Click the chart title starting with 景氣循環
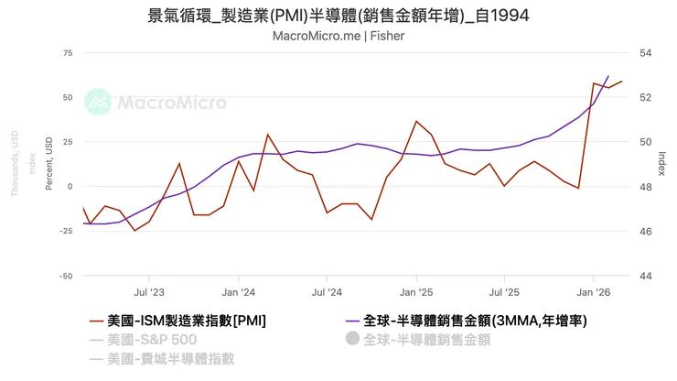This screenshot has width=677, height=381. tap(338, 16)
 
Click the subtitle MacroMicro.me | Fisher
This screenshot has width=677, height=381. tap(338, 36)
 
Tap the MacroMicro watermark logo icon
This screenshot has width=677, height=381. tap(98, 103)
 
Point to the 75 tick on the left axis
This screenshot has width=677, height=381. tap(67, 53)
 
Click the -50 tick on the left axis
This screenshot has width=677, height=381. tap(65, 276)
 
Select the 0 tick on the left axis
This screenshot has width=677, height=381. tap(70, 187)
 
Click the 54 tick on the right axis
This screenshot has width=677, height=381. tap(645, 53)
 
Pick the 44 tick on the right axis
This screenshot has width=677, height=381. tap(645, 276)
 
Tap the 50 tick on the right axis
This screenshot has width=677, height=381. tap(645, 142)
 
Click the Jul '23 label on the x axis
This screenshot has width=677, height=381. tap(149, 292)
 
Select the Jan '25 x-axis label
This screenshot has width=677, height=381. tap(416, 292)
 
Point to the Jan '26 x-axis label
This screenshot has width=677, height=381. tap(594, 292)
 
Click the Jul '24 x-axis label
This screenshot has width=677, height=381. tap(327, 292)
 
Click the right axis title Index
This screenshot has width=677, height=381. tap(661, 164)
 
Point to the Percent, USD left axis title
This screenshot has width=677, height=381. tap(48, 164)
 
